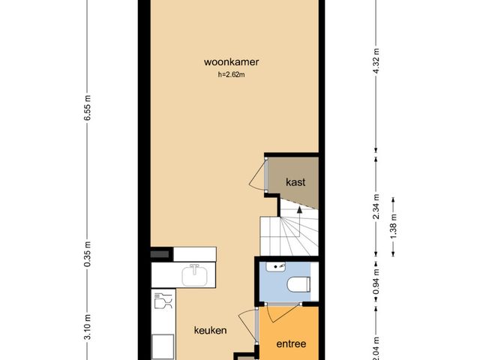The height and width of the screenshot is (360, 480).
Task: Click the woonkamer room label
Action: [232, 62]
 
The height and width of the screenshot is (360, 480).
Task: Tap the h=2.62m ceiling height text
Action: [232, 74]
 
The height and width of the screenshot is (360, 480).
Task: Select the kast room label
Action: [295, 182]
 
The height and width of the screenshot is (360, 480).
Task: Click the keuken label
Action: [211, 330]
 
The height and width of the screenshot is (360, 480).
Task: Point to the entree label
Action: [291, 343]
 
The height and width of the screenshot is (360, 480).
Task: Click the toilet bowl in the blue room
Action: [298, 284]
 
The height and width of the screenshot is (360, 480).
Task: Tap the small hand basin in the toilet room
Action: [275, 267]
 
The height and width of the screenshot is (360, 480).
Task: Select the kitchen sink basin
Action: [195, 275]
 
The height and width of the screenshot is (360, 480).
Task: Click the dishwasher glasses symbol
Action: [163, 301]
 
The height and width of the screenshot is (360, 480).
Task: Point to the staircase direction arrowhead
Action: [299, 209]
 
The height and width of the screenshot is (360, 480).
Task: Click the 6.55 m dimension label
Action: [88, 108]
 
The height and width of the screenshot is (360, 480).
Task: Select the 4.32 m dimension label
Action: [376, 60]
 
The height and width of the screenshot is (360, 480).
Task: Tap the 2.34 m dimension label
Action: [376, 207]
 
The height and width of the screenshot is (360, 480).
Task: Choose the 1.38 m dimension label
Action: [394, 226]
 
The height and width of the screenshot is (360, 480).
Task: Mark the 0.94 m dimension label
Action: [376, 281]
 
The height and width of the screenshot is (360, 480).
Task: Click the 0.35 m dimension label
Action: [88, 253]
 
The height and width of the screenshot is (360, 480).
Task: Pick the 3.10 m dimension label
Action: [88, 327]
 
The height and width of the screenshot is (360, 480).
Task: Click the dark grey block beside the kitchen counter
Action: [160, 254]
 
